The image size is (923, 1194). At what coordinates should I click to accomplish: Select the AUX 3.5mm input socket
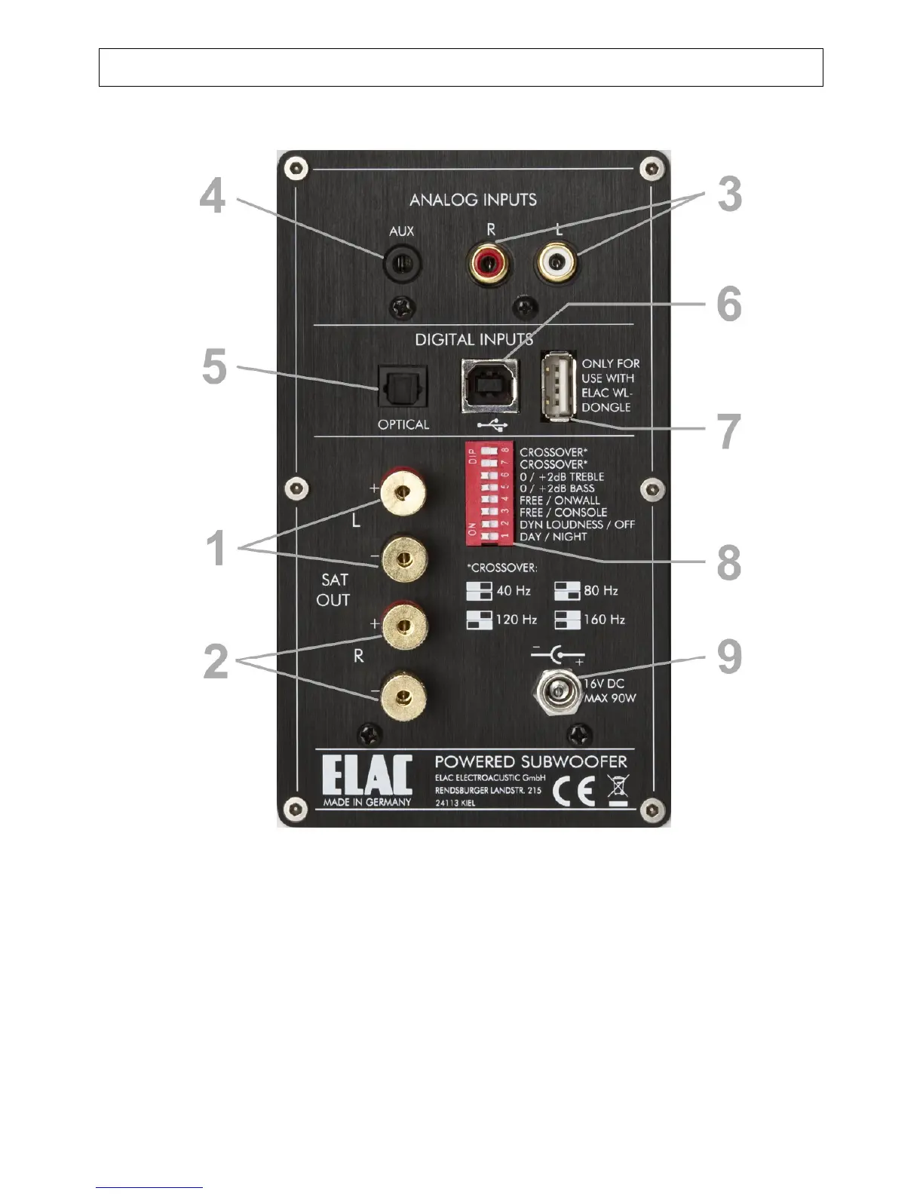point(402,265)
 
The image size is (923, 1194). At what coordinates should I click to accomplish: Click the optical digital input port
point(402,389)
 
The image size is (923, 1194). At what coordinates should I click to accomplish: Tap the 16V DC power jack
point(558,690)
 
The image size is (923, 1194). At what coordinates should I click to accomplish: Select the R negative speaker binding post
point(403,698)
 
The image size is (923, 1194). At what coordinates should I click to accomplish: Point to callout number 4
point(213,196)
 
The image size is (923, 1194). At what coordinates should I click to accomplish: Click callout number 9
point(729,657)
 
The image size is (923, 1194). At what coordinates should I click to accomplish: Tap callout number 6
point(729,305)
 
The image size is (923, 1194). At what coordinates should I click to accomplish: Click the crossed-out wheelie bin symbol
point(618,789)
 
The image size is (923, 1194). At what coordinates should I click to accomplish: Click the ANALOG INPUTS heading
point(473,200)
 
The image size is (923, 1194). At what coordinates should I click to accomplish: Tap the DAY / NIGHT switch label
point(553,537)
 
